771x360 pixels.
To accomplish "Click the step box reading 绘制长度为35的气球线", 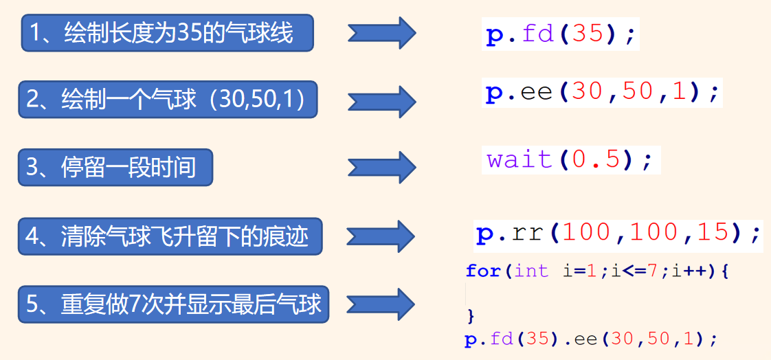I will [168, 33].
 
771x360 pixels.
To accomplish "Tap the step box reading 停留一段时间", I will [115, 168].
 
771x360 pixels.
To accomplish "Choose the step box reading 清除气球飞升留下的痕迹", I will [170, 237].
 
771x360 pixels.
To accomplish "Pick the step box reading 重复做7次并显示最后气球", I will [173, 304].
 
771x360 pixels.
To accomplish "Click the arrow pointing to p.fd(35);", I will [382, 33].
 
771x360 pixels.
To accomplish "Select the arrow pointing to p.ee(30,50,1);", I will [382, 101].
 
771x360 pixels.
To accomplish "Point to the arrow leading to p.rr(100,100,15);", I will [382, 236].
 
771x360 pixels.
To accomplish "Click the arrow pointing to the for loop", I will [382, 304].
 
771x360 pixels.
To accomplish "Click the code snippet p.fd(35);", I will [561, 34].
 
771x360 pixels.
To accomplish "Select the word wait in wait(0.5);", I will [519, 160].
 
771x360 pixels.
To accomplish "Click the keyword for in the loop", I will [483, 271].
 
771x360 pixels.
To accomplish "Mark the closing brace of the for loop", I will [471, 316].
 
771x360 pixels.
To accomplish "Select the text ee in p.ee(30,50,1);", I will [537, 92].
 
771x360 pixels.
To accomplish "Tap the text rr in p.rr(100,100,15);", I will [530, 234].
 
